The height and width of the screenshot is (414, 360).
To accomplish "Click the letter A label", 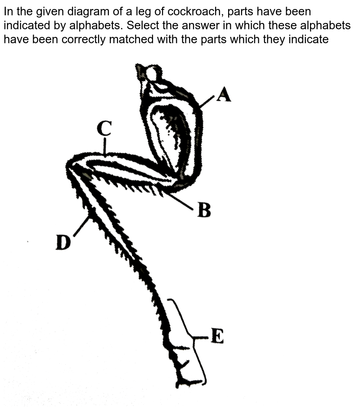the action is click(x=224, y=94).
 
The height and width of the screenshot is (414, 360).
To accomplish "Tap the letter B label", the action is click(x=204, y=210).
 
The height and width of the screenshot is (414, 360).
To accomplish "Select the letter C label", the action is click(x=104, y=128).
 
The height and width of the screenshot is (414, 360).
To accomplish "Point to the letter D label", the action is click(x=63, y=243).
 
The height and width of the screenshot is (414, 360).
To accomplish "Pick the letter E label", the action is click(x=217, y=336).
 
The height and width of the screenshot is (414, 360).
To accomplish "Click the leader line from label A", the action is click(x=207, y=102).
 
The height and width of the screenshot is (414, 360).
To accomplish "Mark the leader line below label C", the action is click(x=105, y=147).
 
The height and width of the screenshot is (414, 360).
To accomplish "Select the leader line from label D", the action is click(x=81, y=226).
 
